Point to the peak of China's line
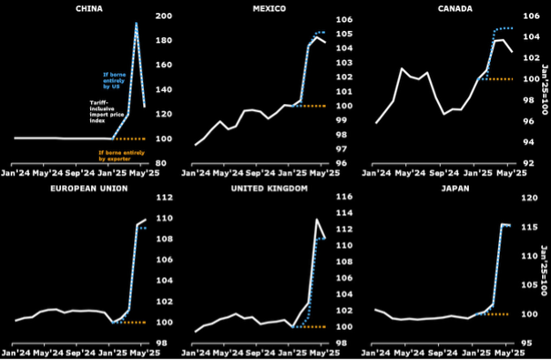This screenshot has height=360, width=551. (x=136, y=25)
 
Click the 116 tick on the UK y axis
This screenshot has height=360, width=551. (x=344, y=197)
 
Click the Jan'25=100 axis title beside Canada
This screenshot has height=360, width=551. (x=545, y=88)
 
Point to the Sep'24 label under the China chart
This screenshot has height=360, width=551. (x=82, y=174)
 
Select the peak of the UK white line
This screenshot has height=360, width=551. (x=316, y=220)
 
